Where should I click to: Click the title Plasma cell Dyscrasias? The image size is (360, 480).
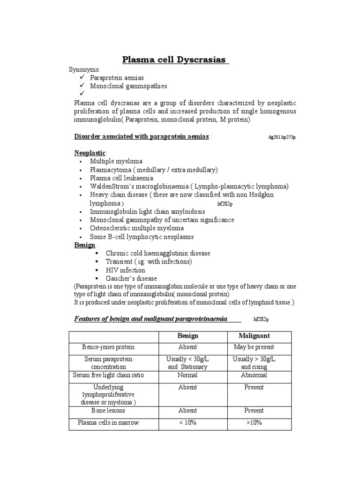point(174,60)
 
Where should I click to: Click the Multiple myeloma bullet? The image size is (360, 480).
point(116,161)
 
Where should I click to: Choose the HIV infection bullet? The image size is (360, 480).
point(125,270)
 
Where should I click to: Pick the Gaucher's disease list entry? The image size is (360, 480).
point(131,278)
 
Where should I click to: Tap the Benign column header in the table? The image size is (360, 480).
point(187,336)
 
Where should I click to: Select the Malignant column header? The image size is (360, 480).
point(254,336)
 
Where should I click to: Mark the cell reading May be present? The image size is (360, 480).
point(254,347)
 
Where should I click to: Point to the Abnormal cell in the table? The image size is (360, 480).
point(254,375)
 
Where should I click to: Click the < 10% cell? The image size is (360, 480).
point(187,423)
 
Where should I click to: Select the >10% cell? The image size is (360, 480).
point(254,423)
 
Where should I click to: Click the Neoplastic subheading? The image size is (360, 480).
point(90,153)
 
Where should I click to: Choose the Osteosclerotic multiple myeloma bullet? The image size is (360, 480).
point(137,228)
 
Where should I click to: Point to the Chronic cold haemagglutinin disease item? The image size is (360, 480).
point(158,253)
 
